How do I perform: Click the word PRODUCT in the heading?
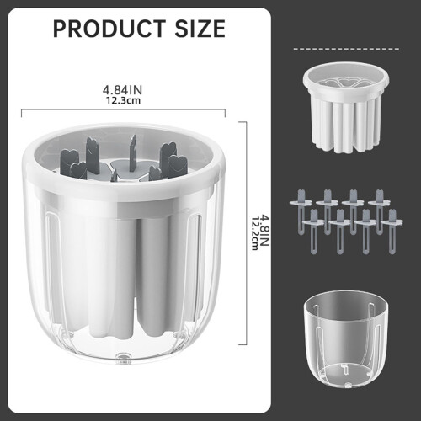tap(109, 29)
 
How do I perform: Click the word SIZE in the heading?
tap(200, 29)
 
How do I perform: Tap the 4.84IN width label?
tap(122, 90)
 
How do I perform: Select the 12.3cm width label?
tap(123, 100)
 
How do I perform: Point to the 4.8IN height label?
tap(264, 231)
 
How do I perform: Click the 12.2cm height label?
tap(255, 233)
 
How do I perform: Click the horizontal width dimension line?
tap(124, 109)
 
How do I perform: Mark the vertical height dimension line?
tap(247, 233)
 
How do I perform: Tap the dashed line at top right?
tap(346, 49)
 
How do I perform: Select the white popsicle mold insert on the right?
tap(346, 108)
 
